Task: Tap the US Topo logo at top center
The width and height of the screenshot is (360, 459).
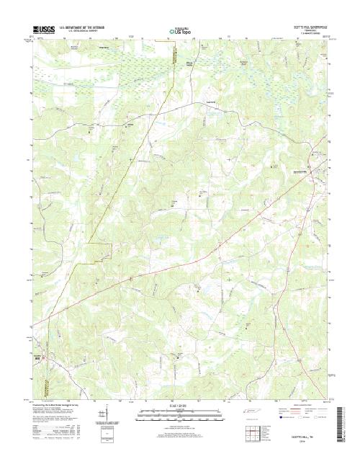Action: (x=180, y=30)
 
